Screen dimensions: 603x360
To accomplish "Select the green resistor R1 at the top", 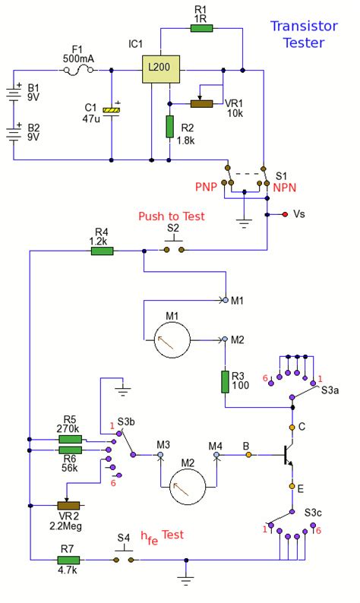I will (x=202, y=28).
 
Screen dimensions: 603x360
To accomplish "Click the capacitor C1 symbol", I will (x=112, y=111).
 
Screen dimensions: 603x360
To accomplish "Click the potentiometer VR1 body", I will (x=201, y=103).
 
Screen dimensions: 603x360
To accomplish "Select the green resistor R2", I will (x=169, y=127).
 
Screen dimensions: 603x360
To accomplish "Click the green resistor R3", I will (x=226, y=382).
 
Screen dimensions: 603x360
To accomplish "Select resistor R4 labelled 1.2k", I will (x=103, y=250).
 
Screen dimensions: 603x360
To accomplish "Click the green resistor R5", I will (x=71, y=439).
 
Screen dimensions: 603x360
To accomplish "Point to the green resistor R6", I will (x=71, y=450).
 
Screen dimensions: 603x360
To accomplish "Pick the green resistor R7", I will (x=70, y=560).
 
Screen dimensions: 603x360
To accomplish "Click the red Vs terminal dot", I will (x=284, y=215).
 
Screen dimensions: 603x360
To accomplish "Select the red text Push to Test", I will (x=171, y=216).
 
